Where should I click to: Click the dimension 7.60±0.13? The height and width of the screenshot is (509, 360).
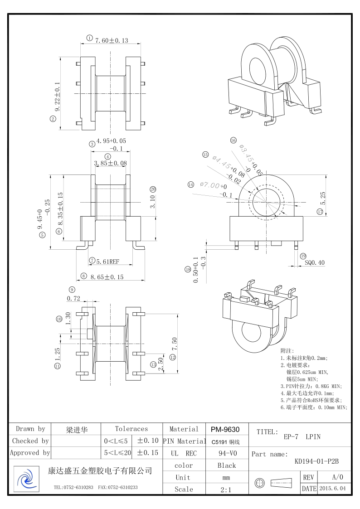[112, 40]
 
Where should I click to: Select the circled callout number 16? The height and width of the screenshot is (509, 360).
[234, 141]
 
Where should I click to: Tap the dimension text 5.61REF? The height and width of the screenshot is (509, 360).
[107, 261]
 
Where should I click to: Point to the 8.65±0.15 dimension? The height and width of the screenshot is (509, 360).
[107, 276]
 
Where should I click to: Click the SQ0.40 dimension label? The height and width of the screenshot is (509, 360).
[315, 262]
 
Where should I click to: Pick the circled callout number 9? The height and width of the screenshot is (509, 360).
[72, 290]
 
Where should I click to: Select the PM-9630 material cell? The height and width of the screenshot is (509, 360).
[225, 429]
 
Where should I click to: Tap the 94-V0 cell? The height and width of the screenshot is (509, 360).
[227, 453]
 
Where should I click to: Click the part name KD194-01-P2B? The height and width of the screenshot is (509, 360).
[317, 461]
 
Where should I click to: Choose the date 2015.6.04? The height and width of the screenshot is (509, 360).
[332, 489]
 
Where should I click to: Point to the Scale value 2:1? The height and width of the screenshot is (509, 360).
[227, 489]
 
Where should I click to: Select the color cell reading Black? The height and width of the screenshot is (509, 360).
[227, 465]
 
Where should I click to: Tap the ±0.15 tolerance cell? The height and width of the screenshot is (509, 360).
[148, 453]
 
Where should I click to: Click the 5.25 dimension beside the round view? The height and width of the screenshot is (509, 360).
[323, 196]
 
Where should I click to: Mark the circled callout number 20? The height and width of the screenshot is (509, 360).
[153, 189]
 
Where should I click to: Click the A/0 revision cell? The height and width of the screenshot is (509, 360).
[337, 477]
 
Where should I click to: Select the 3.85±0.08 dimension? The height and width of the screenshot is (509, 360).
[110, 163]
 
